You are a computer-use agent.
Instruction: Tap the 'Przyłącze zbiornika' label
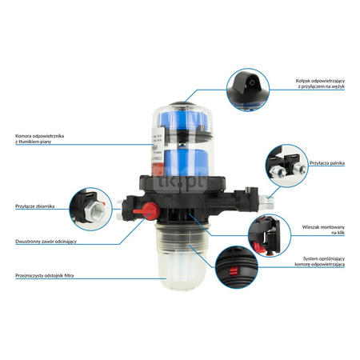click(x=31, y=206)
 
